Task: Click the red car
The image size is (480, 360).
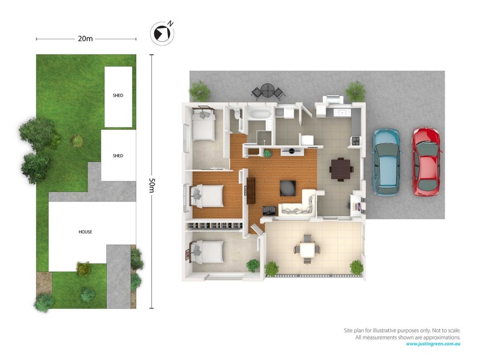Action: [x=426, y=161]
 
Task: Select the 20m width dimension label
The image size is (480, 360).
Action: [x=85, y=39]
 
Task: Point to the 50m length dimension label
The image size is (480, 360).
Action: [x=151, y=180]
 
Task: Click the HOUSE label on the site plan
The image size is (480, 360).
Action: [x=86, y=232]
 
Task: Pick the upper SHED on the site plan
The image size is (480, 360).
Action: [x=118, y=96]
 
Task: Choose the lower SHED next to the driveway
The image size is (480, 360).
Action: [x=118, y=155]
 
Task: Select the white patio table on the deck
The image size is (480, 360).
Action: [x=307, y=248]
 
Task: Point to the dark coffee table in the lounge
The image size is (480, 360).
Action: [x=288, y=187]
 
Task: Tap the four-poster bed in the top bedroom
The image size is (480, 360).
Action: [x=204, y=123]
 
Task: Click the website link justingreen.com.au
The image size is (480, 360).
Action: [x=433, y=344]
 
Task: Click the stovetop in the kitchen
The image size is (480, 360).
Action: [x=355, y=141]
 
